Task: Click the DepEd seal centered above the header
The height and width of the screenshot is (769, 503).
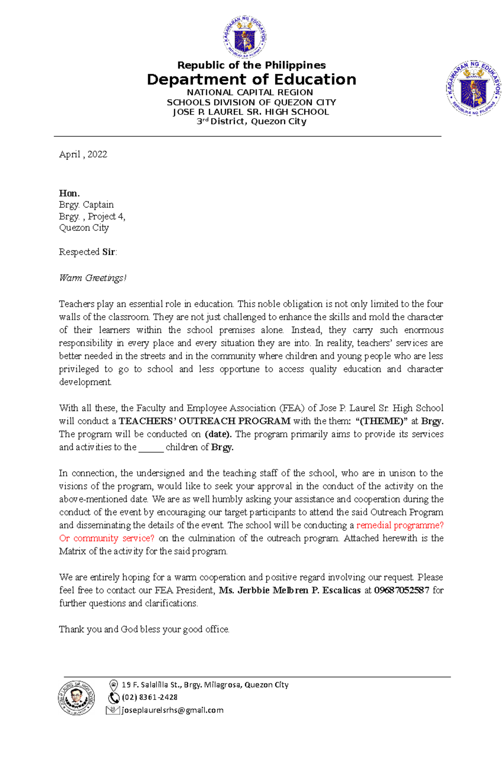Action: click(244, 37)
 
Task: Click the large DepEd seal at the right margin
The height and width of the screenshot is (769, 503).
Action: click(474, 88)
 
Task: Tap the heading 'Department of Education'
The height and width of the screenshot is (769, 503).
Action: click(251, 79)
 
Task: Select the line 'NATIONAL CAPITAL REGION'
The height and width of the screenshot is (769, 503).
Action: click(250, 92)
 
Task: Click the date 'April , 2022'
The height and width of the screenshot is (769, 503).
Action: click(83, 154)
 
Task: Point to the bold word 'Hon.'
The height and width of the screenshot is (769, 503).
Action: click(69, 193)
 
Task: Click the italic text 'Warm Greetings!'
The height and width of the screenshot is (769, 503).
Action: click(93, 278)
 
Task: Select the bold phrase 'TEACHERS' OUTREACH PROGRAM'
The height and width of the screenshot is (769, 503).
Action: click(205, 421)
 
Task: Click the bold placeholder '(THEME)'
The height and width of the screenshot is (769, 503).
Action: click(381, 421)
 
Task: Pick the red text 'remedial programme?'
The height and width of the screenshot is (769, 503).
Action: click(400, 525)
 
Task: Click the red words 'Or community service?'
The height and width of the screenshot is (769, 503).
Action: click(107, 538)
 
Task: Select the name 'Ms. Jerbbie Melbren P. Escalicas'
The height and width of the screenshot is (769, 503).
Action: click(290, 590)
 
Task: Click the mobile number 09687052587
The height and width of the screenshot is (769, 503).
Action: click(402, 590)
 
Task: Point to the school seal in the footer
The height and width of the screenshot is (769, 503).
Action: click(76, 698)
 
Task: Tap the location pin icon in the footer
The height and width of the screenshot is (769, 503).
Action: click(113, 685)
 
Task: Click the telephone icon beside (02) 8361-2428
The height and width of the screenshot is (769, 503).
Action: click(114, 698)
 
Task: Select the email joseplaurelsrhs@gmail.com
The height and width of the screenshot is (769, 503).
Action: click(172, 710)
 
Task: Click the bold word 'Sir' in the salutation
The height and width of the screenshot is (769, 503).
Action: click(109, 252)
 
